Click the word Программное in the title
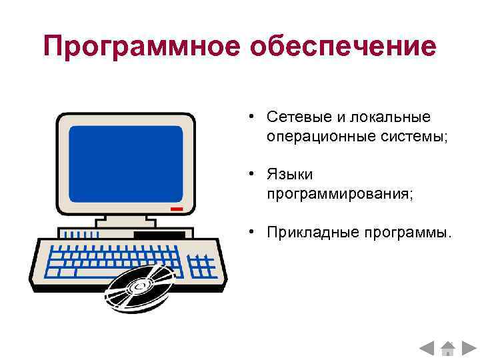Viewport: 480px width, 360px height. tap(140, 47)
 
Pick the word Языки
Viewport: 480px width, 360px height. tap(290, 174)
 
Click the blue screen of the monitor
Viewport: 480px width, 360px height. tap(126, 159)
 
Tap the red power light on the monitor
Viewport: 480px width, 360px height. tap(176, 209)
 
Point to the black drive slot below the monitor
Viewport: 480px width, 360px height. tap(159, 235)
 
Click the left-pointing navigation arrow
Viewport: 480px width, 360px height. tap(427, 347)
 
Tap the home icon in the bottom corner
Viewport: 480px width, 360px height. tap(447, 347)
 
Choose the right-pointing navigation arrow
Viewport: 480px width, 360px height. tap(468, 347)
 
